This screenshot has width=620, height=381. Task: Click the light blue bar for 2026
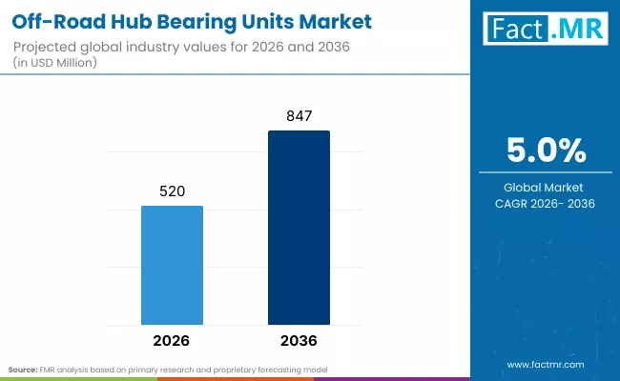pos(172,265)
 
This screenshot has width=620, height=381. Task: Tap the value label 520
pos(172,191)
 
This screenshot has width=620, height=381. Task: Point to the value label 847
pos(299,116)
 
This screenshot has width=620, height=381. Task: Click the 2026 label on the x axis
pos(172,340)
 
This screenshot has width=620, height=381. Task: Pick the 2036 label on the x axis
pos(299,340)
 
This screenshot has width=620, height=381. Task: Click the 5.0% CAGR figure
pos(545,151)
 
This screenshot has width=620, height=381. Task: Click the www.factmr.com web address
pos(545,365)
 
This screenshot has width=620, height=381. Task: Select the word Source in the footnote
pos(23,369)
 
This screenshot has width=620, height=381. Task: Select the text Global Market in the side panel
pos(545,187)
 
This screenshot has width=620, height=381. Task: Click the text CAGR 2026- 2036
pos(545,204)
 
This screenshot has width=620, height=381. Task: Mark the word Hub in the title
pos(117,20)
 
